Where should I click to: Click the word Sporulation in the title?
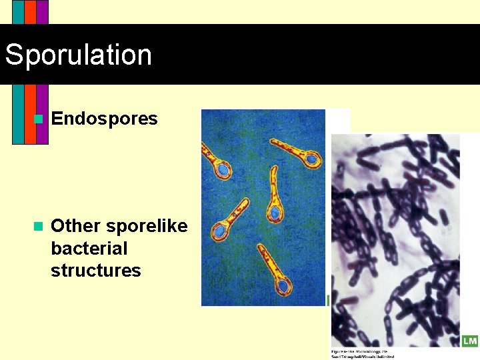(79, 55)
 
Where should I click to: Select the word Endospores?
(104, 119)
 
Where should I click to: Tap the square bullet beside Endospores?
(38, 119)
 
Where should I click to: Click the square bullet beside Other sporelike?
(38, 226)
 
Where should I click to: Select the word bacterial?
(89, 249)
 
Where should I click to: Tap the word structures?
(95, 271)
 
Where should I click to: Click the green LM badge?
(469, 341)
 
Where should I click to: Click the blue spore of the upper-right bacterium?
(311, 159)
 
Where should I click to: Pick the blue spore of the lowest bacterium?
(284, 287)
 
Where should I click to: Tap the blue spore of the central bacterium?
(274, 213)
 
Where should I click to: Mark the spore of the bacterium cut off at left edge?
(223, 170)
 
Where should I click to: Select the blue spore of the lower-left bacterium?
(219, 231)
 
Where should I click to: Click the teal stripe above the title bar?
(18, 12)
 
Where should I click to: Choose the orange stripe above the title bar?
(30, 12)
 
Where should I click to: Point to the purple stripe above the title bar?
(42, 12)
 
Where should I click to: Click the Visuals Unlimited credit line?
(363, 356)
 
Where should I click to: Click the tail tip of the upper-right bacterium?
(272, 142)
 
